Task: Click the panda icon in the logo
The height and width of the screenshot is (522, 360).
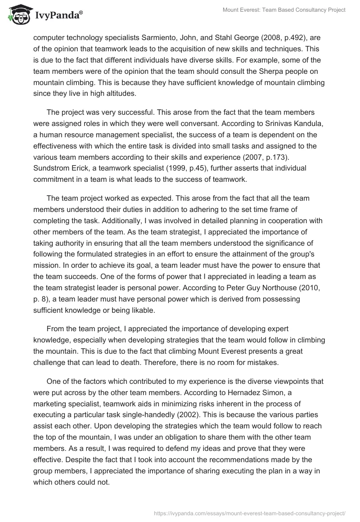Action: click(x=18, y=14)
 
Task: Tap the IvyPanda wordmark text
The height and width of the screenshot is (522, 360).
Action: click(x=57, y=16)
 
